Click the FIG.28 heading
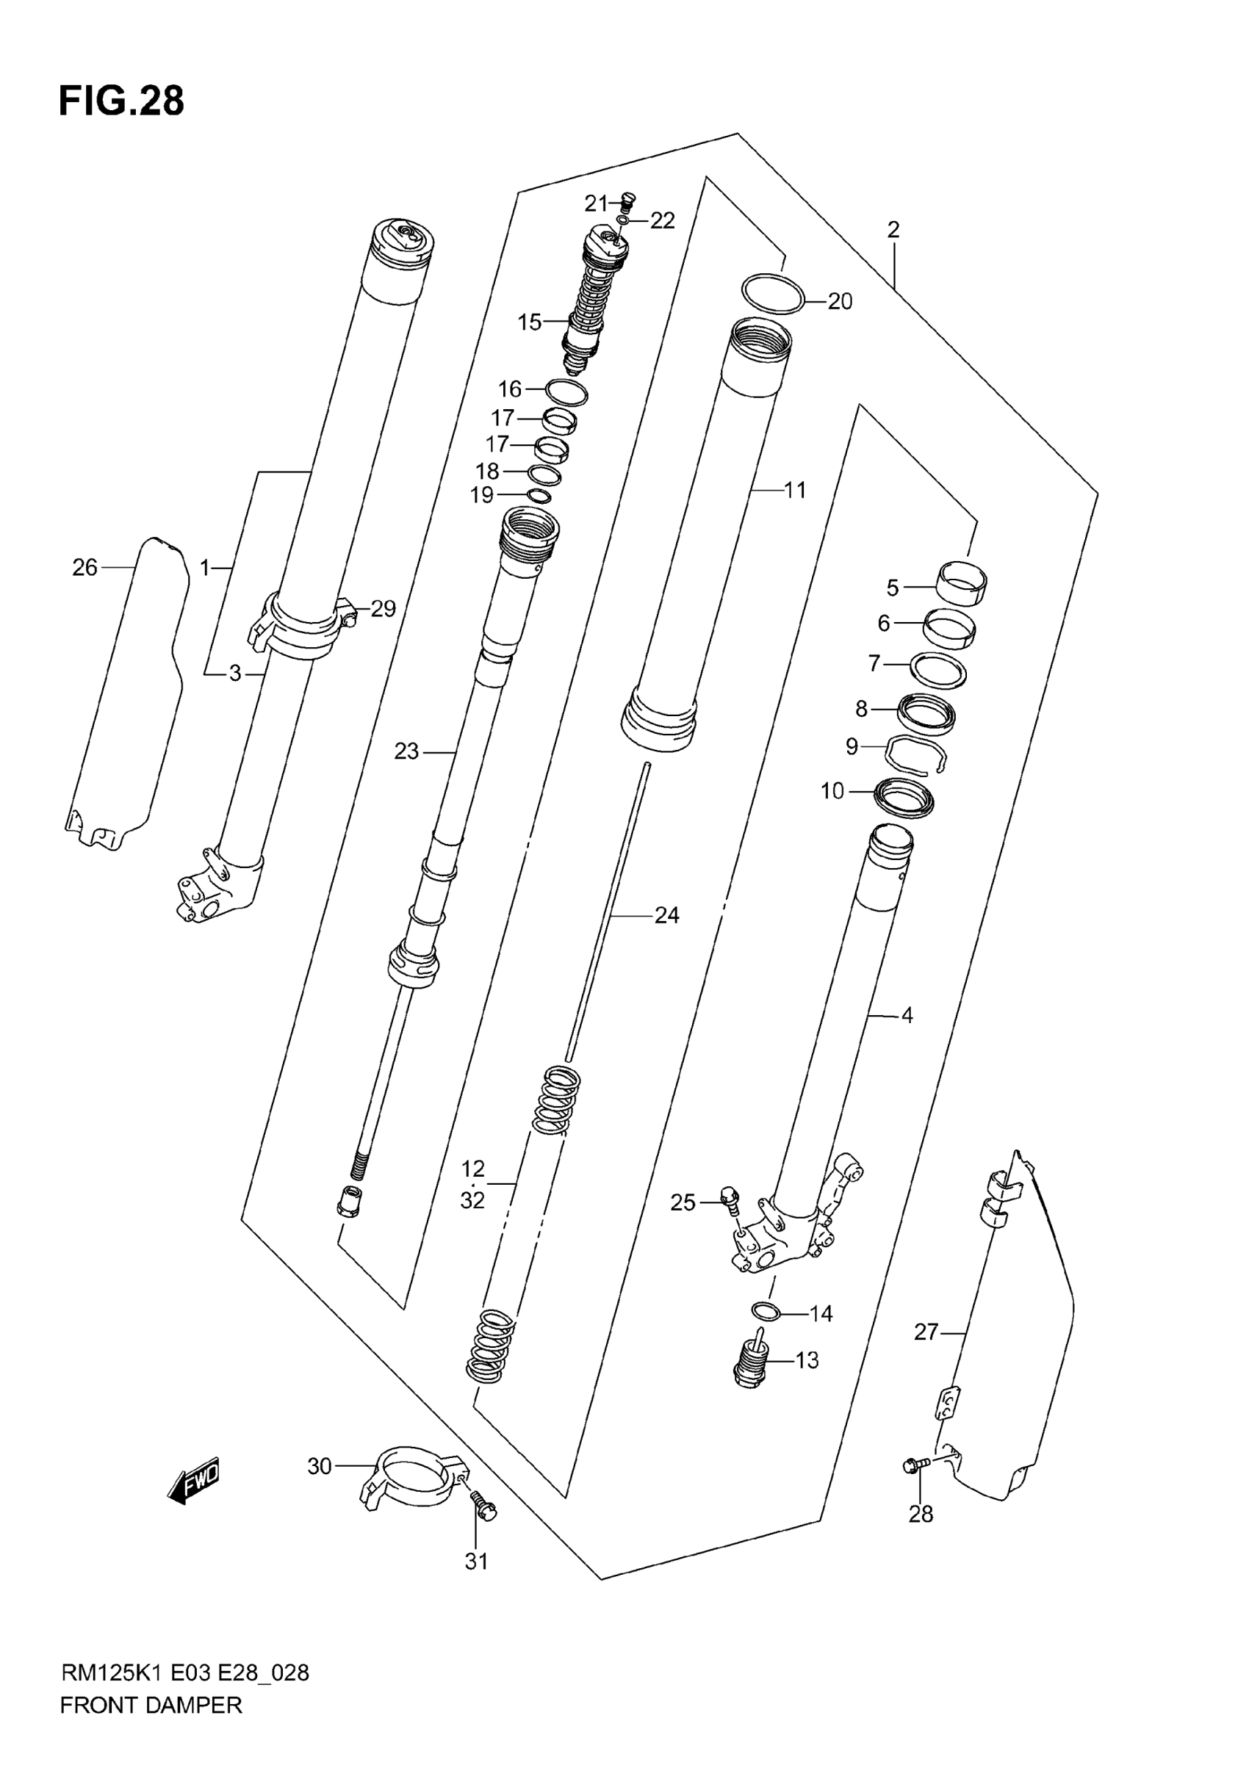coord(121,101)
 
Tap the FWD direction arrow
coord(194,1479)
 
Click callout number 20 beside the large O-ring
coord(840,301)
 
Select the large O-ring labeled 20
coord(773,293)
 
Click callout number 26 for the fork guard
coord(84,567)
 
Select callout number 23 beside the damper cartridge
coord(406,751)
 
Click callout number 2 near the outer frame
coord(893,229)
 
